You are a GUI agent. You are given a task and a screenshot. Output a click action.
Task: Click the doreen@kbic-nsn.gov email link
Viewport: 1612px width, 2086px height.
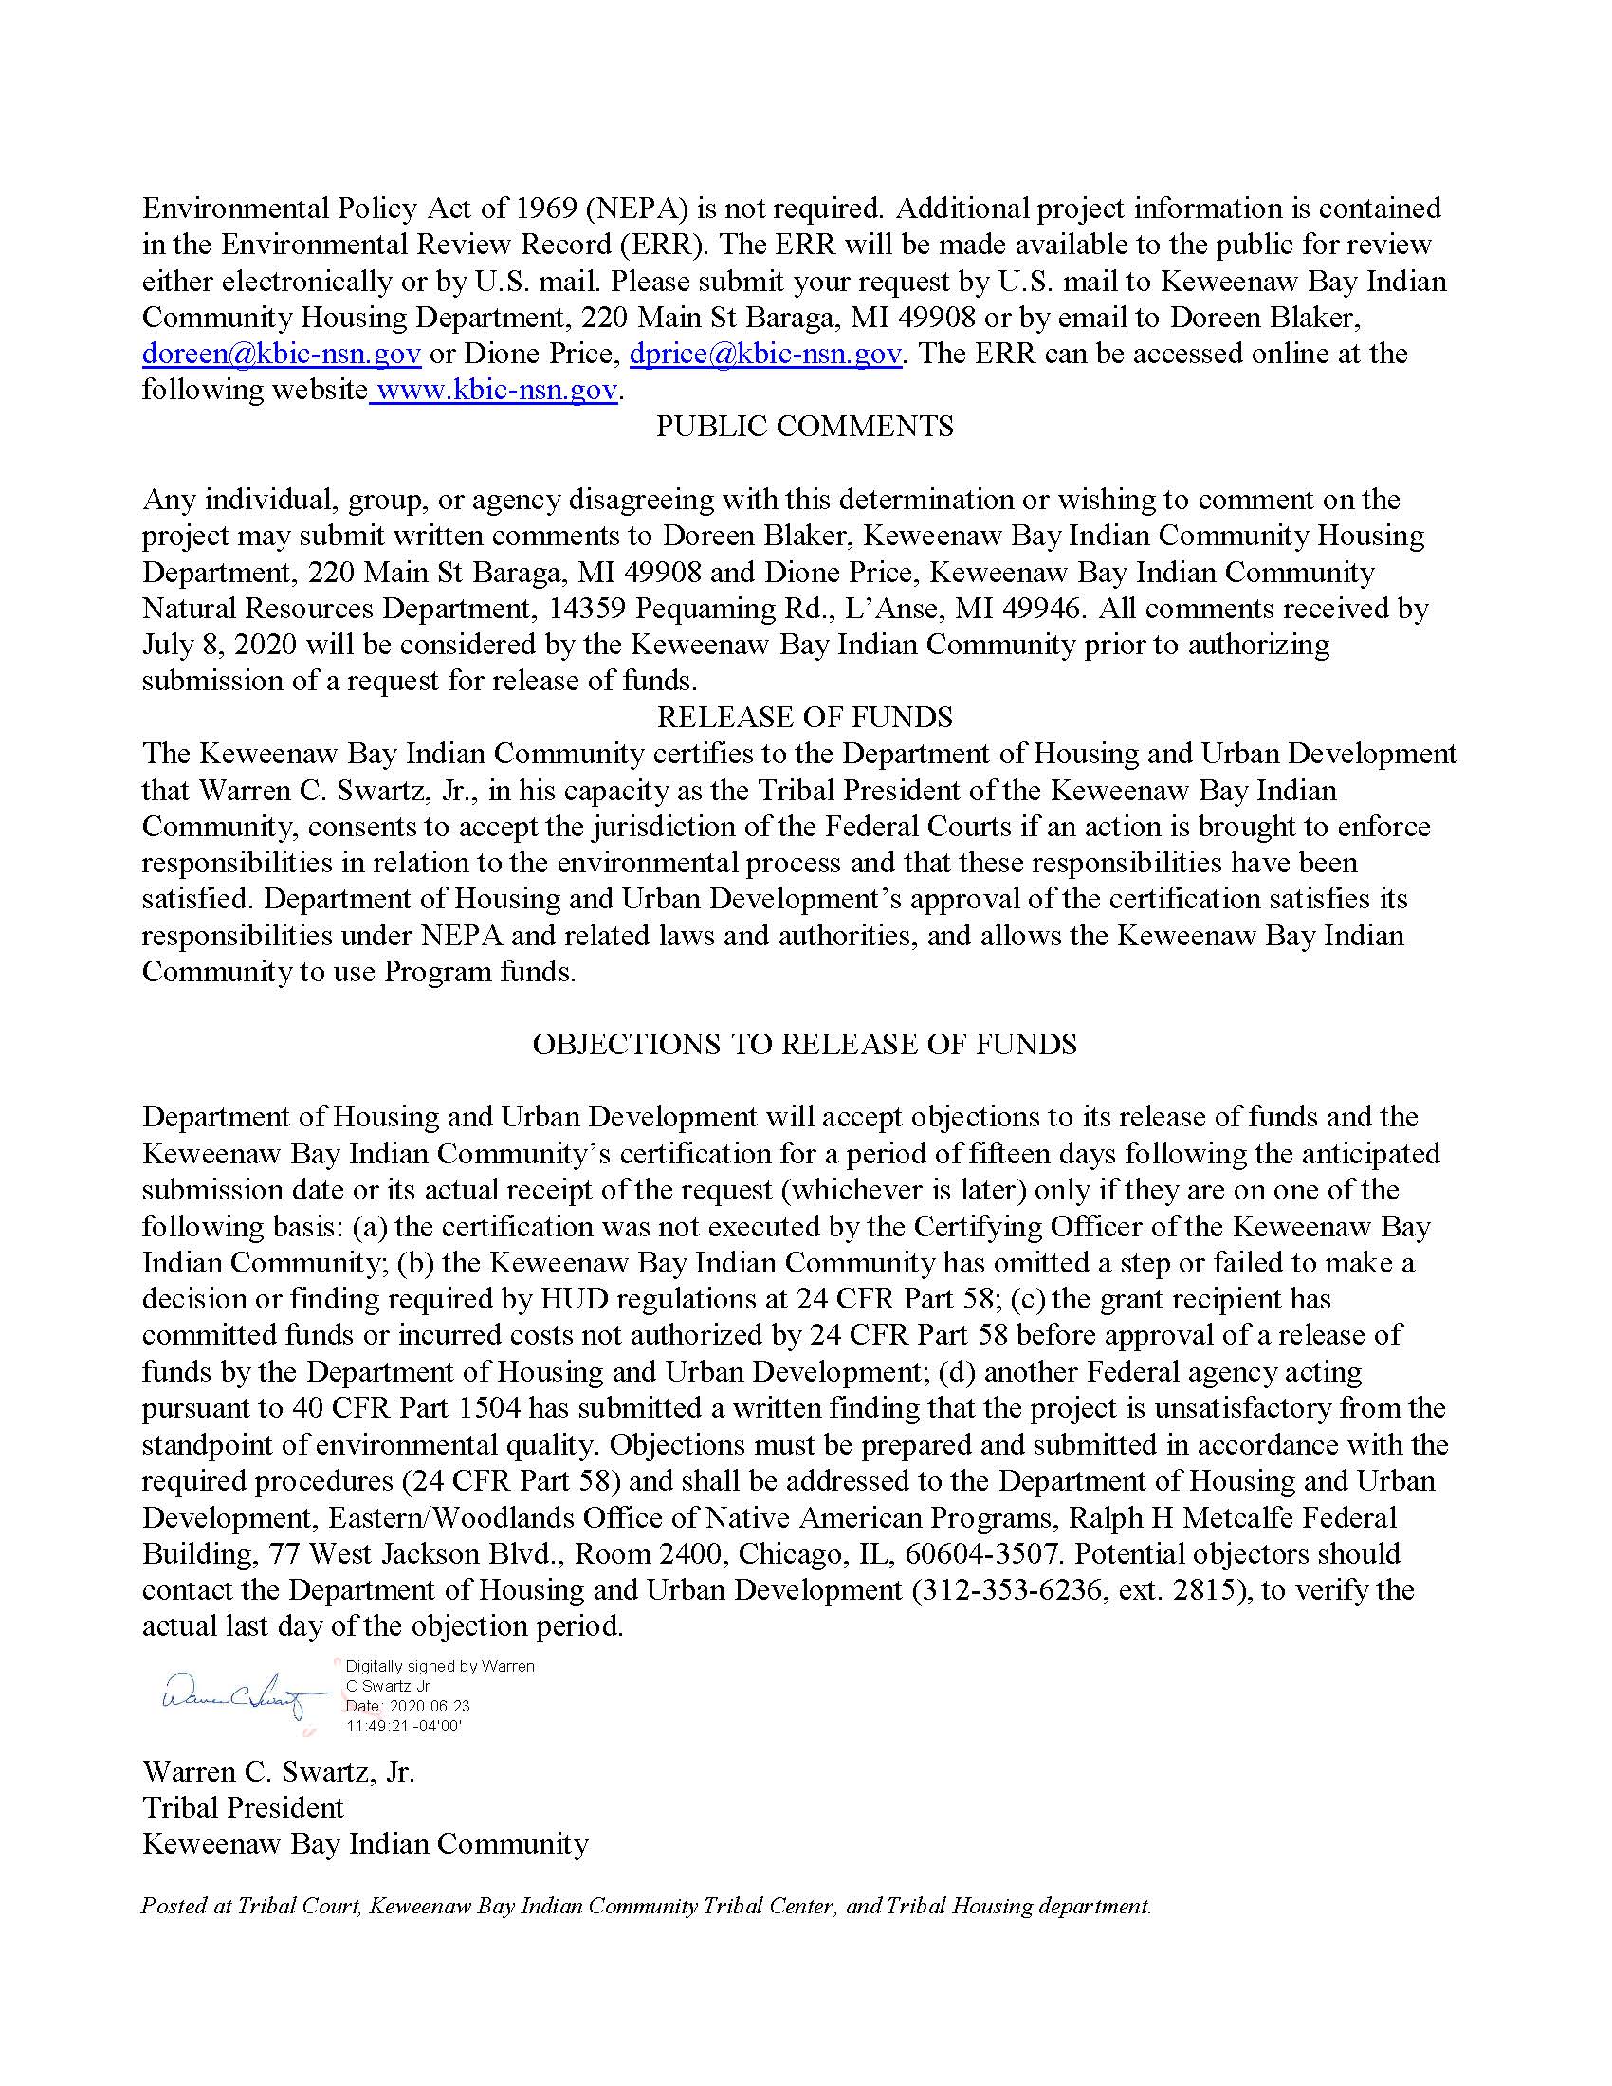[x=282, y=355]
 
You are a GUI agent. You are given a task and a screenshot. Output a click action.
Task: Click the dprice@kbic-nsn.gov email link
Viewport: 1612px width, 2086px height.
[x=765, y=355]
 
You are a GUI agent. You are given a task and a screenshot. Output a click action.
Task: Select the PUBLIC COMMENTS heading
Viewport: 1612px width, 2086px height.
[x=804, y=427]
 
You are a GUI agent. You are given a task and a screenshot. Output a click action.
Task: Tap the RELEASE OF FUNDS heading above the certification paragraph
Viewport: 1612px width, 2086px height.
[x=804, y=718]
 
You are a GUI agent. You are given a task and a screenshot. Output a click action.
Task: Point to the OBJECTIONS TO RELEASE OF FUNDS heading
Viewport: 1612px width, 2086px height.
[x=804, y=1044]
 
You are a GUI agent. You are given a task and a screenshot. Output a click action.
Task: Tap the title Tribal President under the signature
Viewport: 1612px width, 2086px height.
[x=243, y=1808]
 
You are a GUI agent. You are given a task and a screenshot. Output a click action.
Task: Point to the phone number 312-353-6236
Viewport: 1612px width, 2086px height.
[x=1005, y=1590]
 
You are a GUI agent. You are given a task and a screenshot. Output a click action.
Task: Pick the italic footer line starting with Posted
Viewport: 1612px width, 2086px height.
[x=646, y=1906]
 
